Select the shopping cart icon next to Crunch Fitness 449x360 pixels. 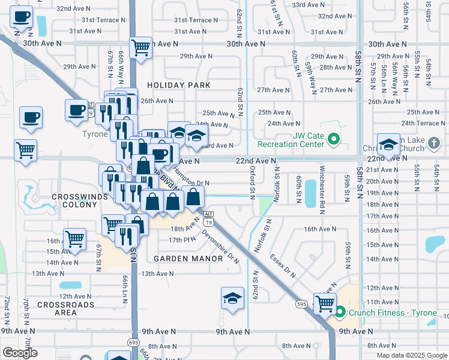point(324,303)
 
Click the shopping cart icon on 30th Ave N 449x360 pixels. point(140,47)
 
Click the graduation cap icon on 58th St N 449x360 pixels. point(388,145)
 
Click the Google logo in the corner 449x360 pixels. point(20,353)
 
